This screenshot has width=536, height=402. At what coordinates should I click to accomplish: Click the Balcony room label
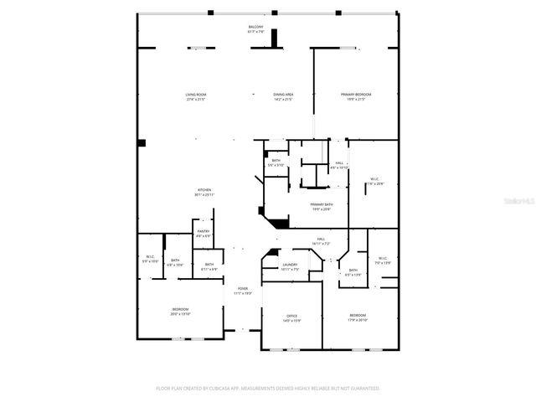tap(255, 28)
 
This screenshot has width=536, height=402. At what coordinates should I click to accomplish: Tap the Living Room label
tap(196, 95)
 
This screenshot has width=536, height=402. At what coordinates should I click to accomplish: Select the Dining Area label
tap(282, 95)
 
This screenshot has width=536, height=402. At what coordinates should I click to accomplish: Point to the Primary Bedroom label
tap(355, 95)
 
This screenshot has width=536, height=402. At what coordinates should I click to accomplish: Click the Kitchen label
tap(204, 190)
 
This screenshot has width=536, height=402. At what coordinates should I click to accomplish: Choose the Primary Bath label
tap(322, 205)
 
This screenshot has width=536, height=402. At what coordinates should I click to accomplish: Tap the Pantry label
tap(204, 232)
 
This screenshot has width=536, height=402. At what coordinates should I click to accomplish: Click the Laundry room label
tap(289, 267)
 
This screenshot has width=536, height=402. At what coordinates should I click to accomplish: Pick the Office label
tap(291, 317)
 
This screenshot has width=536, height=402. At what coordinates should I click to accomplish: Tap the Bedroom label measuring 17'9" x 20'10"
tap(358, 316)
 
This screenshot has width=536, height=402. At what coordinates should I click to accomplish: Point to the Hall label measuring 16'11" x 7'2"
tap(321, 240)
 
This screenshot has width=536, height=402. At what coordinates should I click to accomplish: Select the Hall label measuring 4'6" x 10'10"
tap(339, 163)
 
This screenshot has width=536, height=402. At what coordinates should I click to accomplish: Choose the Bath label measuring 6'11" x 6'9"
tap(209, 265)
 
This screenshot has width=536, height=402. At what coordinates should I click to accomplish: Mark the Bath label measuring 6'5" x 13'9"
tap(353, 271)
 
